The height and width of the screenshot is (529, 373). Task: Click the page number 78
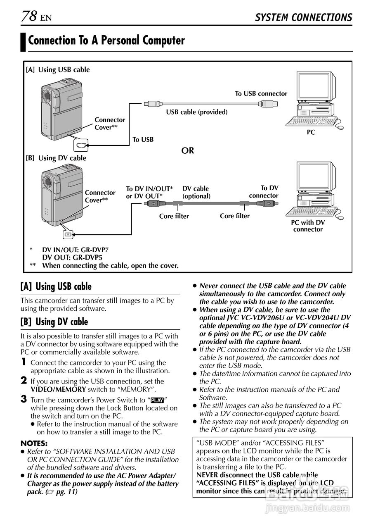(x=29, y=17)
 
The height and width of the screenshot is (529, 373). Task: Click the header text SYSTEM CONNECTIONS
(x=303, y=17)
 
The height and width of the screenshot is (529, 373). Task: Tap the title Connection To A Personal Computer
(x=106, y=41)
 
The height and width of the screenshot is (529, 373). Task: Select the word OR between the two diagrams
(x=188, y=150)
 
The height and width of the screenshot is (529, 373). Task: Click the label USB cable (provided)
(x=197, y=112)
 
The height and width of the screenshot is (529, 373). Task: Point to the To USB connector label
(x=261, y=94)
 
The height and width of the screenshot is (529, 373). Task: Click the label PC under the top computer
(x=311, y=133)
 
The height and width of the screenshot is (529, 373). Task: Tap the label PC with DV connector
(x=308, y=226)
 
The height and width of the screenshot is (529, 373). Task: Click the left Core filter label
(x=174, y=216)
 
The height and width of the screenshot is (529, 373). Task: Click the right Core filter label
(x=234, y=216)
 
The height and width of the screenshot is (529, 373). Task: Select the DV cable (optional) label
(x=196, y=192)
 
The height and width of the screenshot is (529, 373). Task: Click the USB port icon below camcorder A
(x=81, y=145)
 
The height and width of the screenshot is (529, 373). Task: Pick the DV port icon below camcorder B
(x=67, y=234)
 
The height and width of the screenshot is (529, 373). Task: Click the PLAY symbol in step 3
(x=157, y=400)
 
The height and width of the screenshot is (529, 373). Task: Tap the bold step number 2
(x=24, y=381)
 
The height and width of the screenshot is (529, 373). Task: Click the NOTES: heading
(x=34, y=443)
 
